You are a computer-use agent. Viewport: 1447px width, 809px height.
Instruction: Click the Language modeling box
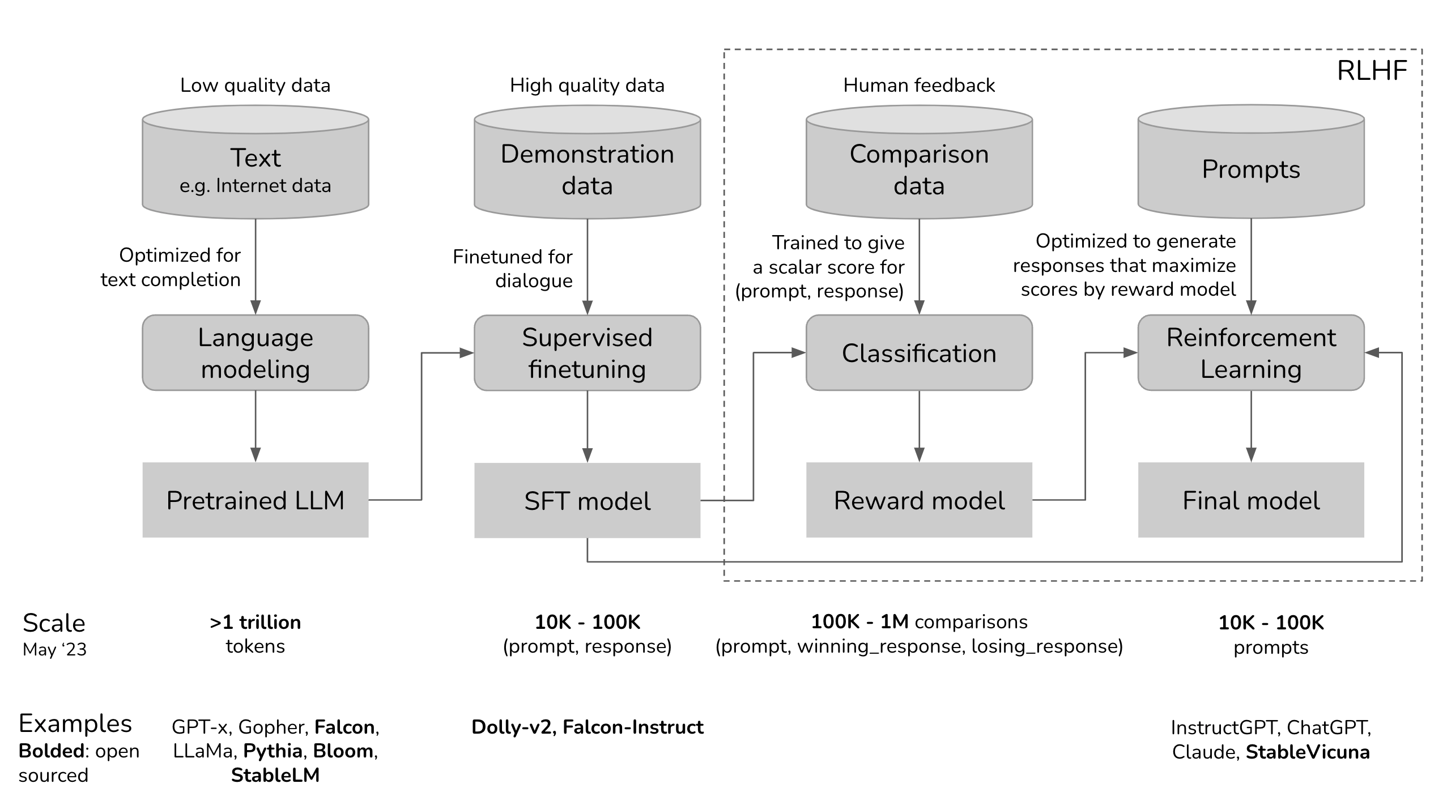point(255,353)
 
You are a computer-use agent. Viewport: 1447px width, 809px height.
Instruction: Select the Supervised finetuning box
point(587,353)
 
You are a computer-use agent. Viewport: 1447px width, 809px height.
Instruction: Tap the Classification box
point(919,353)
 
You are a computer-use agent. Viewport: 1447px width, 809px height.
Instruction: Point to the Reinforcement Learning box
point(1251,353)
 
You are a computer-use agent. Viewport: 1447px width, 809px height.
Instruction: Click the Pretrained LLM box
point(255,500)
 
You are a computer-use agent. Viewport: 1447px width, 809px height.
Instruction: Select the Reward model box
point(919,500)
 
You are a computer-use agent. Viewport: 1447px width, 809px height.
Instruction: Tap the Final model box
point(1251,500)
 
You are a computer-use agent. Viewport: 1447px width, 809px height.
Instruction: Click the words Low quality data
point(255,86)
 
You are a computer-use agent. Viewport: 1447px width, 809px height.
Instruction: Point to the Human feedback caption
point(919,86)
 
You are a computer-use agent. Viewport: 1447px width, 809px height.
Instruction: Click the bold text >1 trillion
point(255,622)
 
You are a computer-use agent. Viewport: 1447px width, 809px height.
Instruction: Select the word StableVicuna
point(1308,752)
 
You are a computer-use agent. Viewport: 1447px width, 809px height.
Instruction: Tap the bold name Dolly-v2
point(511,727)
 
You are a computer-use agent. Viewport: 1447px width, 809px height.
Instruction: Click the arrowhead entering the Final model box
point(1251,455)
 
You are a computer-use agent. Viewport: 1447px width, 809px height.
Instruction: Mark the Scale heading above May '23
point(54,623)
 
